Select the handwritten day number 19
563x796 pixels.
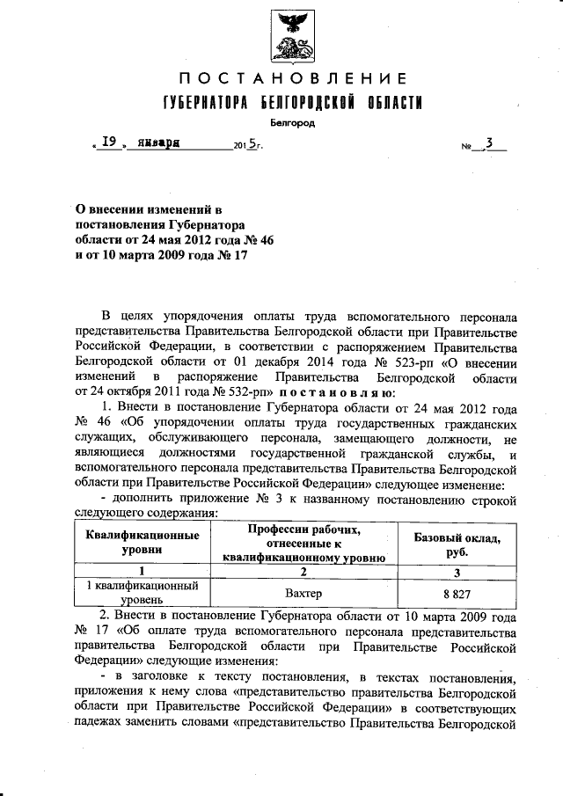coord(109,142)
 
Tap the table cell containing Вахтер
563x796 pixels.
coord(304,595)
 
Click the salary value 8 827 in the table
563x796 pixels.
coord(457,595)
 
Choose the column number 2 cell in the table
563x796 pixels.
coord(304,571)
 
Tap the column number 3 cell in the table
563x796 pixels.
coord(457,571)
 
